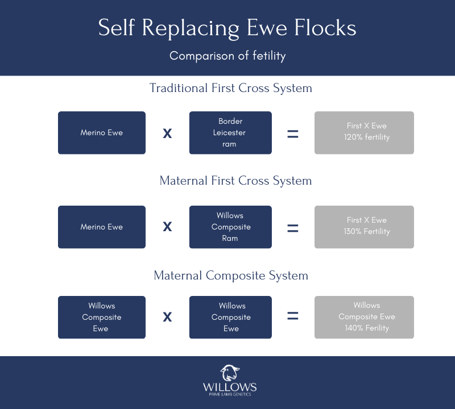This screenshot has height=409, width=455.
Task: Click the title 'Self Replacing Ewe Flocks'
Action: point(227,28)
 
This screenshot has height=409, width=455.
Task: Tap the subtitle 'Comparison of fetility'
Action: point(227,56)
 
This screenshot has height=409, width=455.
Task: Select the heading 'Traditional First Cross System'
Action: point(231,88)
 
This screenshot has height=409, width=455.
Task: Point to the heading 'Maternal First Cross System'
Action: point(235,181)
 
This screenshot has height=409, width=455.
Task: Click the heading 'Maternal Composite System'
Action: point(231,276)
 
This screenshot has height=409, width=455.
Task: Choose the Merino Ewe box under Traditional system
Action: point(102,133)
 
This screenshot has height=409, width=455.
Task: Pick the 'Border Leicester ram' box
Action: point(230,133)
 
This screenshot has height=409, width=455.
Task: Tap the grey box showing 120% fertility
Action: point(364,133)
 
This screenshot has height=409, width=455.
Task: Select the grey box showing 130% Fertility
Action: point(364,227)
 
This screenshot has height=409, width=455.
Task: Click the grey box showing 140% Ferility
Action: point(364,317)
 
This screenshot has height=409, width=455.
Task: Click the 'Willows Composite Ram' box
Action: point(230,227)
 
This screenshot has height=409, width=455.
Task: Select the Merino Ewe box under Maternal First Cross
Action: point(102,227)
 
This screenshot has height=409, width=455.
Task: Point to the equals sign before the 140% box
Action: point(292,316)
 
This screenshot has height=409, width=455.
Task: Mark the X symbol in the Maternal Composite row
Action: point(167,317)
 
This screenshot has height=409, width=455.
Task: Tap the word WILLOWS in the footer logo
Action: point(230,387)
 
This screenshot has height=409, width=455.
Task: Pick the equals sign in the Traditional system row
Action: point(292,135)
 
